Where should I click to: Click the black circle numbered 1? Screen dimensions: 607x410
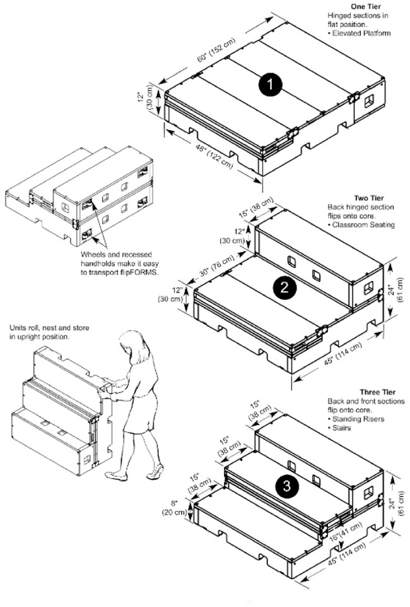[269, 85]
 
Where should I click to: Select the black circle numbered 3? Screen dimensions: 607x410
[287, 486]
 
